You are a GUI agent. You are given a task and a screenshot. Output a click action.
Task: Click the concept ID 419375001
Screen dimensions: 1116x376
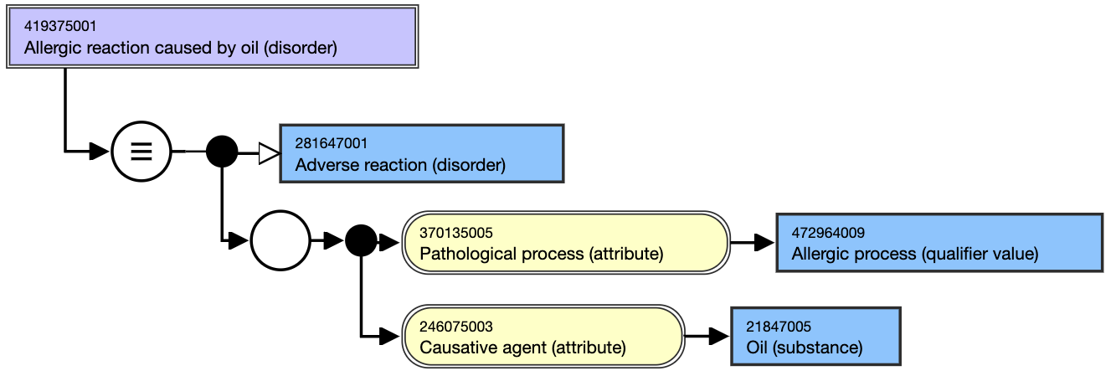click(x=60, y=26)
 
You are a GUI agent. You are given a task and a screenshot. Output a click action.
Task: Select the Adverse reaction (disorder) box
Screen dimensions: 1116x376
click(x=421, y=153)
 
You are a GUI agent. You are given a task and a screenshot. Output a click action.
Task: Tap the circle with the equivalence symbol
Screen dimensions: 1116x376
click(x=141, y=151)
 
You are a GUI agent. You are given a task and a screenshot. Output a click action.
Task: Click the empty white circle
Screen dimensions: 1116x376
click(x=280, y=240)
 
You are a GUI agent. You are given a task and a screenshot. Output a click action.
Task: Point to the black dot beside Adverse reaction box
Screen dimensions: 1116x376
click(x=222, y=152)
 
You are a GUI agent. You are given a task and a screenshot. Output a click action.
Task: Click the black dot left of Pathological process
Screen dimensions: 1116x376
click(x=361, y=240)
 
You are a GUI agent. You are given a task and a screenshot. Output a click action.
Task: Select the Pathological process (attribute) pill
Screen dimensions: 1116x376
click(x=566, y=243)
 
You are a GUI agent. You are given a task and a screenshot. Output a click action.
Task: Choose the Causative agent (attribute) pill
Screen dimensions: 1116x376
click(x=543, y=336)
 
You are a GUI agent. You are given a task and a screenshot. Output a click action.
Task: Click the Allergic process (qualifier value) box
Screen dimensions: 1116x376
click(x=939, y=243)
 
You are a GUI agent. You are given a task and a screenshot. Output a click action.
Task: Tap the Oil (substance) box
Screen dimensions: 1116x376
click(x=815, y=336)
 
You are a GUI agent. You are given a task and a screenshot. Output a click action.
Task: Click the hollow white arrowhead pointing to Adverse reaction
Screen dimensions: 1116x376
click(x=270, y=153)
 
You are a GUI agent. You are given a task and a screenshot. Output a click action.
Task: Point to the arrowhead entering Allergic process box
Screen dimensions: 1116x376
click(x=764, y=243)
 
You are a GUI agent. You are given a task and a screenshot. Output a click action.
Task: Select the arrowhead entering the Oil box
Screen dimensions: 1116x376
click(x=719, y=336)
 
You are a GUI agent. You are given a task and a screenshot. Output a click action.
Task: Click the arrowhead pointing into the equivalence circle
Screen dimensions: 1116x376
click(x=100, y=151)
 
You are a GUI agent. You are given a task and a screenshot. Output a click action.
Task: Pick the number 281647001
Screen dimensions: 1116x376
click(x=332, y=143)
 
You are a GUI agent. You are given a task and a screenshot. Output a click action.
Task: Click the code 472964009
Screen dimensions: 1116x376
click(x=828, y=233)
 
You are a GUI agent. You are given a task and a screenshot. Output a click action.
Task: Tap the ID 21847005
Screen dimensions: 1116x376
click(x=779, y=327)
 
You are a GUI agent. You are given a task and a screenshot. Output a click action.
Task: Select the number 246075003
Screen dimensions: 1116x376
click(x=456, y=327)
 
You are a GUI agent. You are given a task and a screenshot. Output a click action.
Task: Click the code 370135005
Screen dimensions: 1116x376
click(x=456, y=233)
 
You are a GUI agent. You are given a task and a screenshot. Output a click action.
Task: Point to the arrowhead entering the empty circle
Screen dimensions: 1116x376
click(x=239, y=241)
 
